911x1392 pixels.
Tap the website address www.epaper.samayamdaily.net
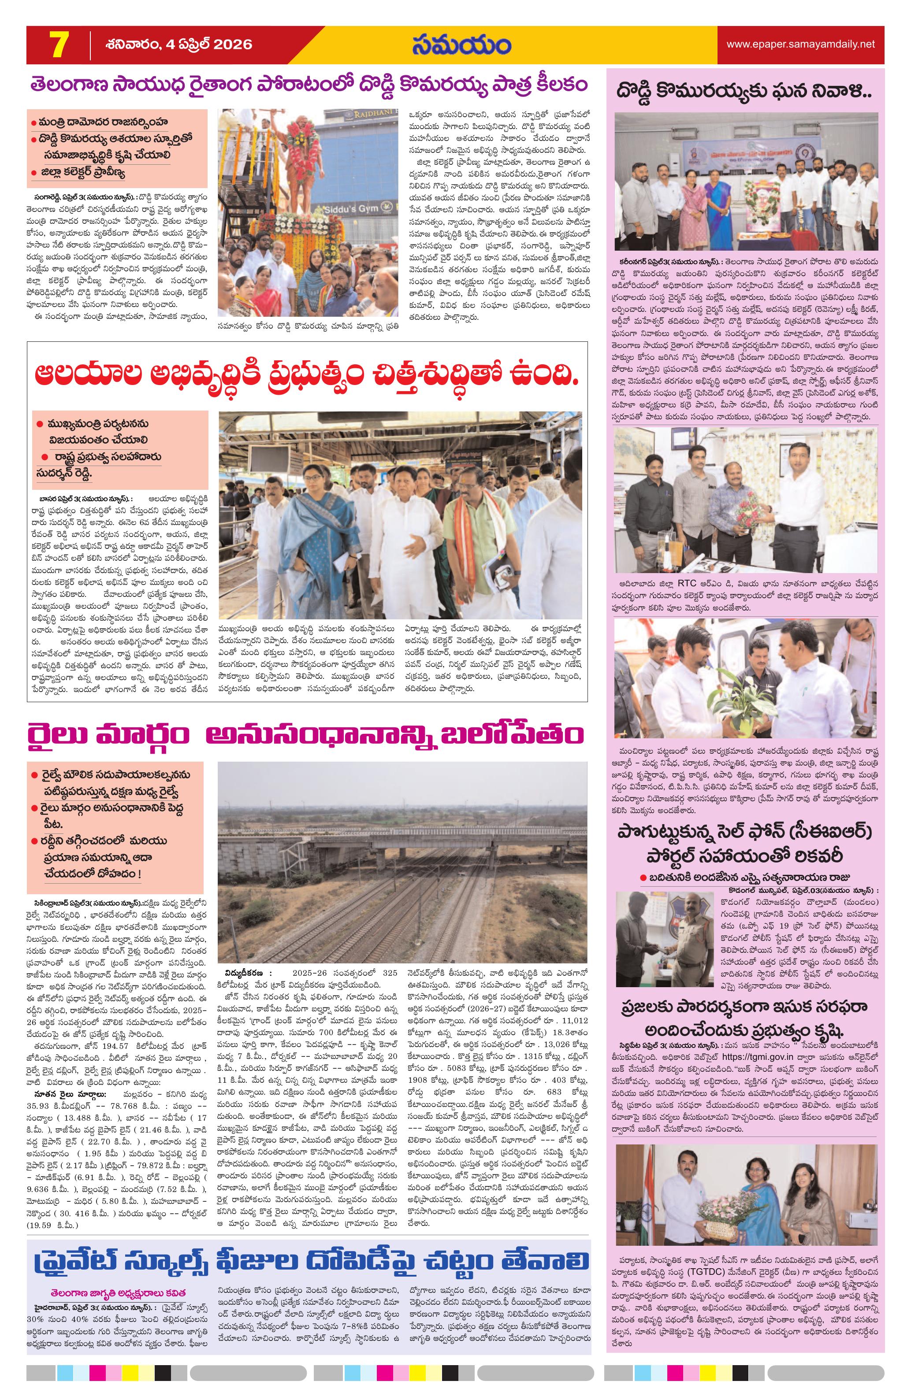tap(800, 44)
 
